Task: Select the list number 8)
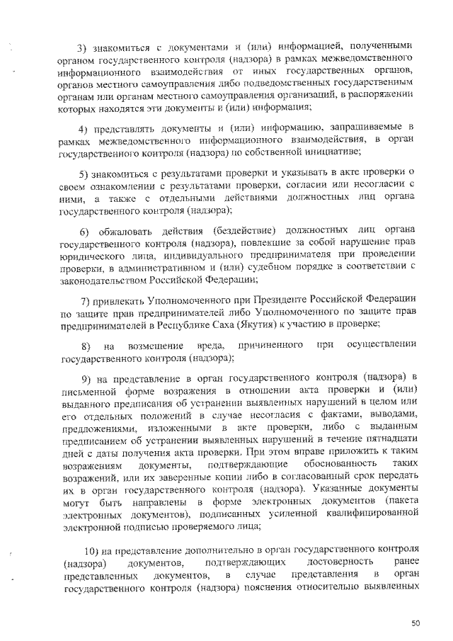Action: [86, 347]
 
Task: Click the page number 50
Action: [415, 623]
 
